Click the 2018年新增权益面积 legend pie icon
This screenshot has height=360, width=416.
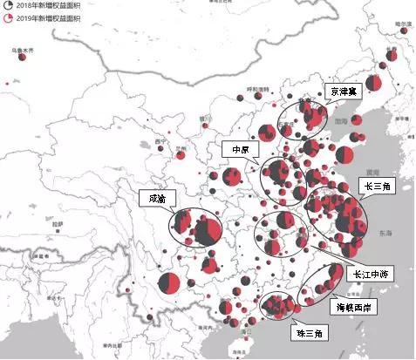8,5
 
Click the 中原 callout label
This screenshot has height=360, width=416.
236,148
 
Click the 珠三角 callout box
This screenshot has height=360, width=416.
306,333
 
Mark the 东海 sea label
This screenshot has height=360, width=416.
385,233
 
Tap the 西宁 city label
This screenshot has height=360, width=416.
158,140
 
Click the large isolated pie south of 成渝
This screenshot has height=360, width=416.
170,282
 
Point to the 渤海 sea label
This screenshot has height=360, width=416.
342,123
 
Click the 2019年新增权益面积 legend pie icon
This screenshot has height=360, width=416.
8,17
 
